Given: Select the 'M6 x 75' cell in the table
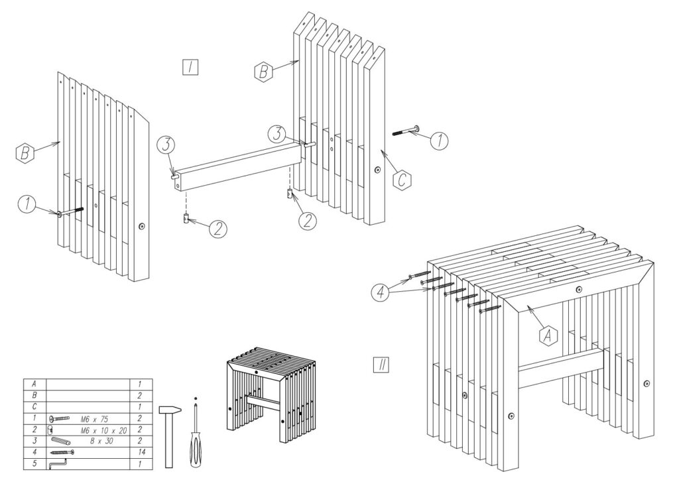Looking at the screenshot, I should [x=97, y=419].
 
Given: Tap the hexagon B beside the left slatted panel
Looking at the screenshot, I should [x=24, y=154].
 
